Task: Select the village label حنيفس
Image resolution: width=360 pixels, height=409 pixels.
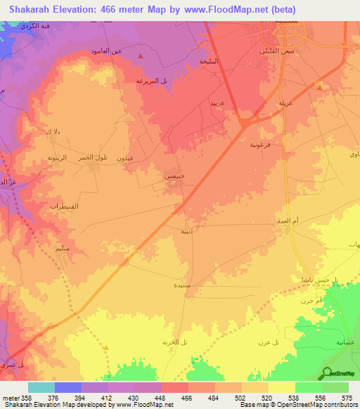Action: (x=174, y=176)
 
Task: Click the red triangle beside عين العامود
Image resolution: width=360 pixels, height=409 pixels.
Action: (x=141, y=56)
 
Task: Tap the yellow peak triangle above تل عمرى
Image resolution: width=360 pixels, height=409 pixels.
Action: (x=106, y=347)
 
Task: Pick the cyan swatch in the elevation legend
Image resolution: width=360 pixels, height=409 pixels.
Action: (x=41, y=387)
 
